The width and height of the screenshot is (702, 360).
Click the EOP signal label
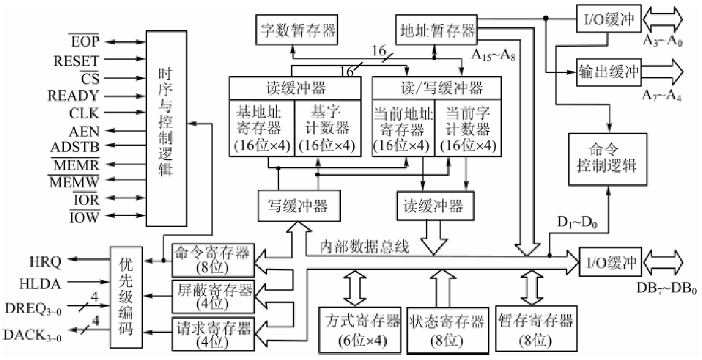point(85,42)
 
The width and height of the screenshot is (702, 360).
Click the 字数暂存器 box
point(296,29)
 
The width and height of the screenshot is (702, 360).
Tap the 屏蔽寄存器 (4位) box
point(212,295)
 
